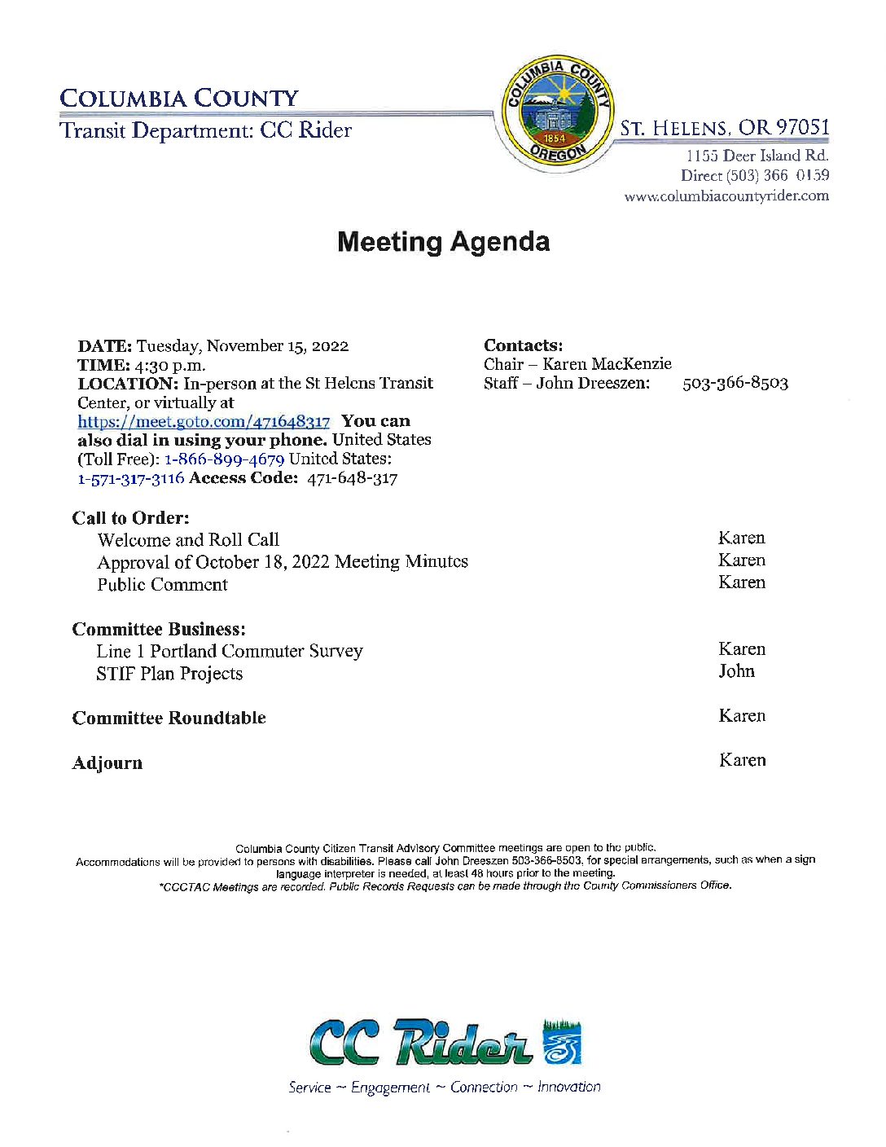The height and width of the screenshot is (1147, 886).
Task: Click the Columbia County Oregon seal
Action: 558,112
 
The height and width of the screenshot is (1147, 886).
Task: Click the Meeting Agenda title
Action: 443,242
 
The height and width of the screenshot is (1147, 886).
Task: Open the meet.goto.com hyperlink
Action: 204,422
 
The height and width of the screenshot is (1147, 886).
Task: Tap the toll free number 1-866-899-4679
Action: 224,459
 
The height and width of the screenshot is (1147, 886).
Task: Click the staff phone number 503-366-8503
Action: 735,384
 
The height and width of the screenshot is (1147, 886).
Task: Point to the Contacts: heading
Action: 523,345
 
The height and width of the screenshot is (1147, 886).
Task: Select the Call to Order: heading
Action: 130,518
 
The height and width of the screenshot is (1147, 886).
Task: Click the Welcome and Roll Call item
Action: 188,540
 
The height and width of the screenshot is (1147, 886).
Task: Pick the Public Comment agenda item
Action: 162,585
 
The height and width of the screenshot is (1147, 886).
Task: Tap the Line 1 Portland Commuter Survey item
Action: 229,652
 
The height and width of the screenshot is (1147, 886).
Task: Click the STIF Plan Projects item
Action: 169,674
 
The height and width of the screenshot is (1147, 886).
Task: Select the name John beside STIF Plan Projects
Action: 736,671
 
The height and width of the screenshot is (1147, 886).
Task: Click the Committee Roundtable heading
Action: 169,719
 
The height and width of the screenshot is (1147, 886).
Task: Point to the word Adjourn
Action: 107,763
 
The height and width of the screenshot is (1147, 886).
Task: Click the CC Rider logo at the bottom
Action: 445,1042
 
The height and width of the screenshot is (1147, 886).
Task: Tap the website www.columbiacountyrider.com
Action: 726,196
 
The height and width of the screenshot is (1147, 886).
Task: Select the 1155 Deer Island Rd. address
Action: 757,156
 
